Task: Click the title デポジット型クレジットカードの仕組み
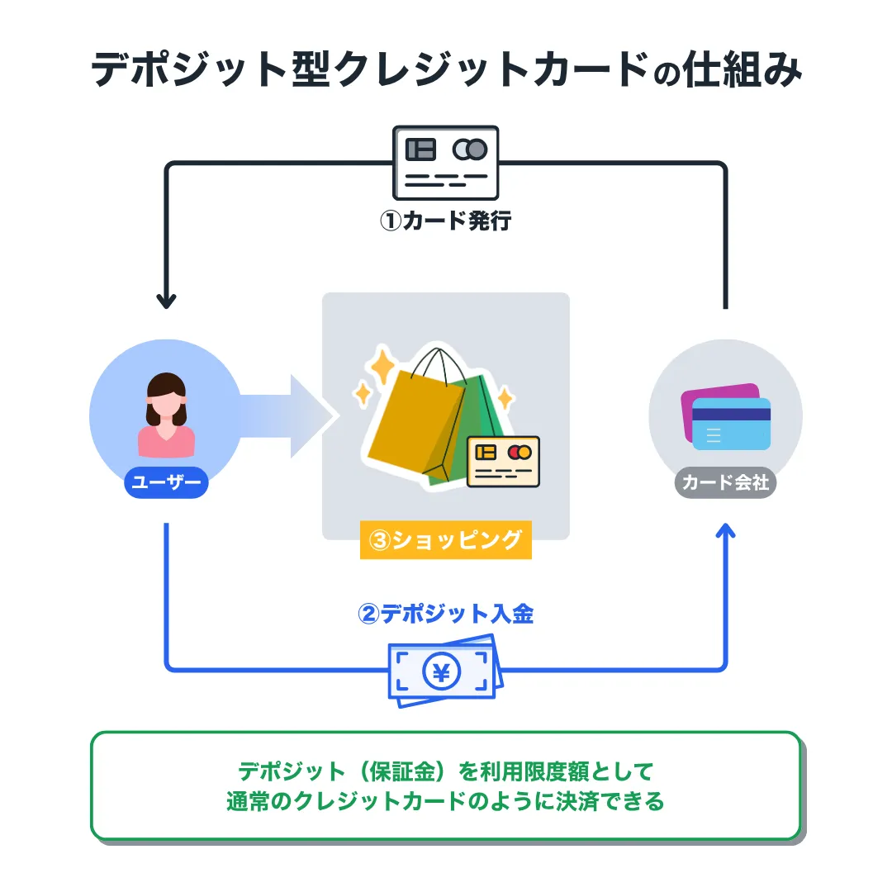pyautogui.click(x=446, y=70)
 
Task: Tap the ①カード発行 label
pyautogui.click(x=446, y=221)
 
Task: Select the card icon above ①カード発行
pyautogui.click(x=446, y=162)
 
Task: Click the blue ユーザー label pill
pyautogui.click(x=166, y=483)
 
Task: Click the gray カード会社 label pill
pyautogui.click(x=726, y=483)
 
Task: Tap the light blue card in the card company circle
pyautogui.click(x=731, y=425)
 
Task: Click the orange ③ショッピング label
pyautogui.click(x=446, y=540)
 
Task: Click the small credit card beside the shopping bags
pyautogui.click(x=503, y=461)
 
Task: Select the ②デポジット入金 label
pyautogui.click(x=446, y=614)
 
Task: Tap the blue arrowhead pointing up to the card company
pyautogui.click(x=726, y=532)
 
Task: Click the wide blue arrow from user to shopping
pyautogui.click(x=289, y=415)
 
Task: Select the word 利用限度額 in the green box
pyautogui.click(x=544, y=771)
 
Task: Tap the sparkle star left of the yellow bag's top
pyautogui.click(x=382, y=363)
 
